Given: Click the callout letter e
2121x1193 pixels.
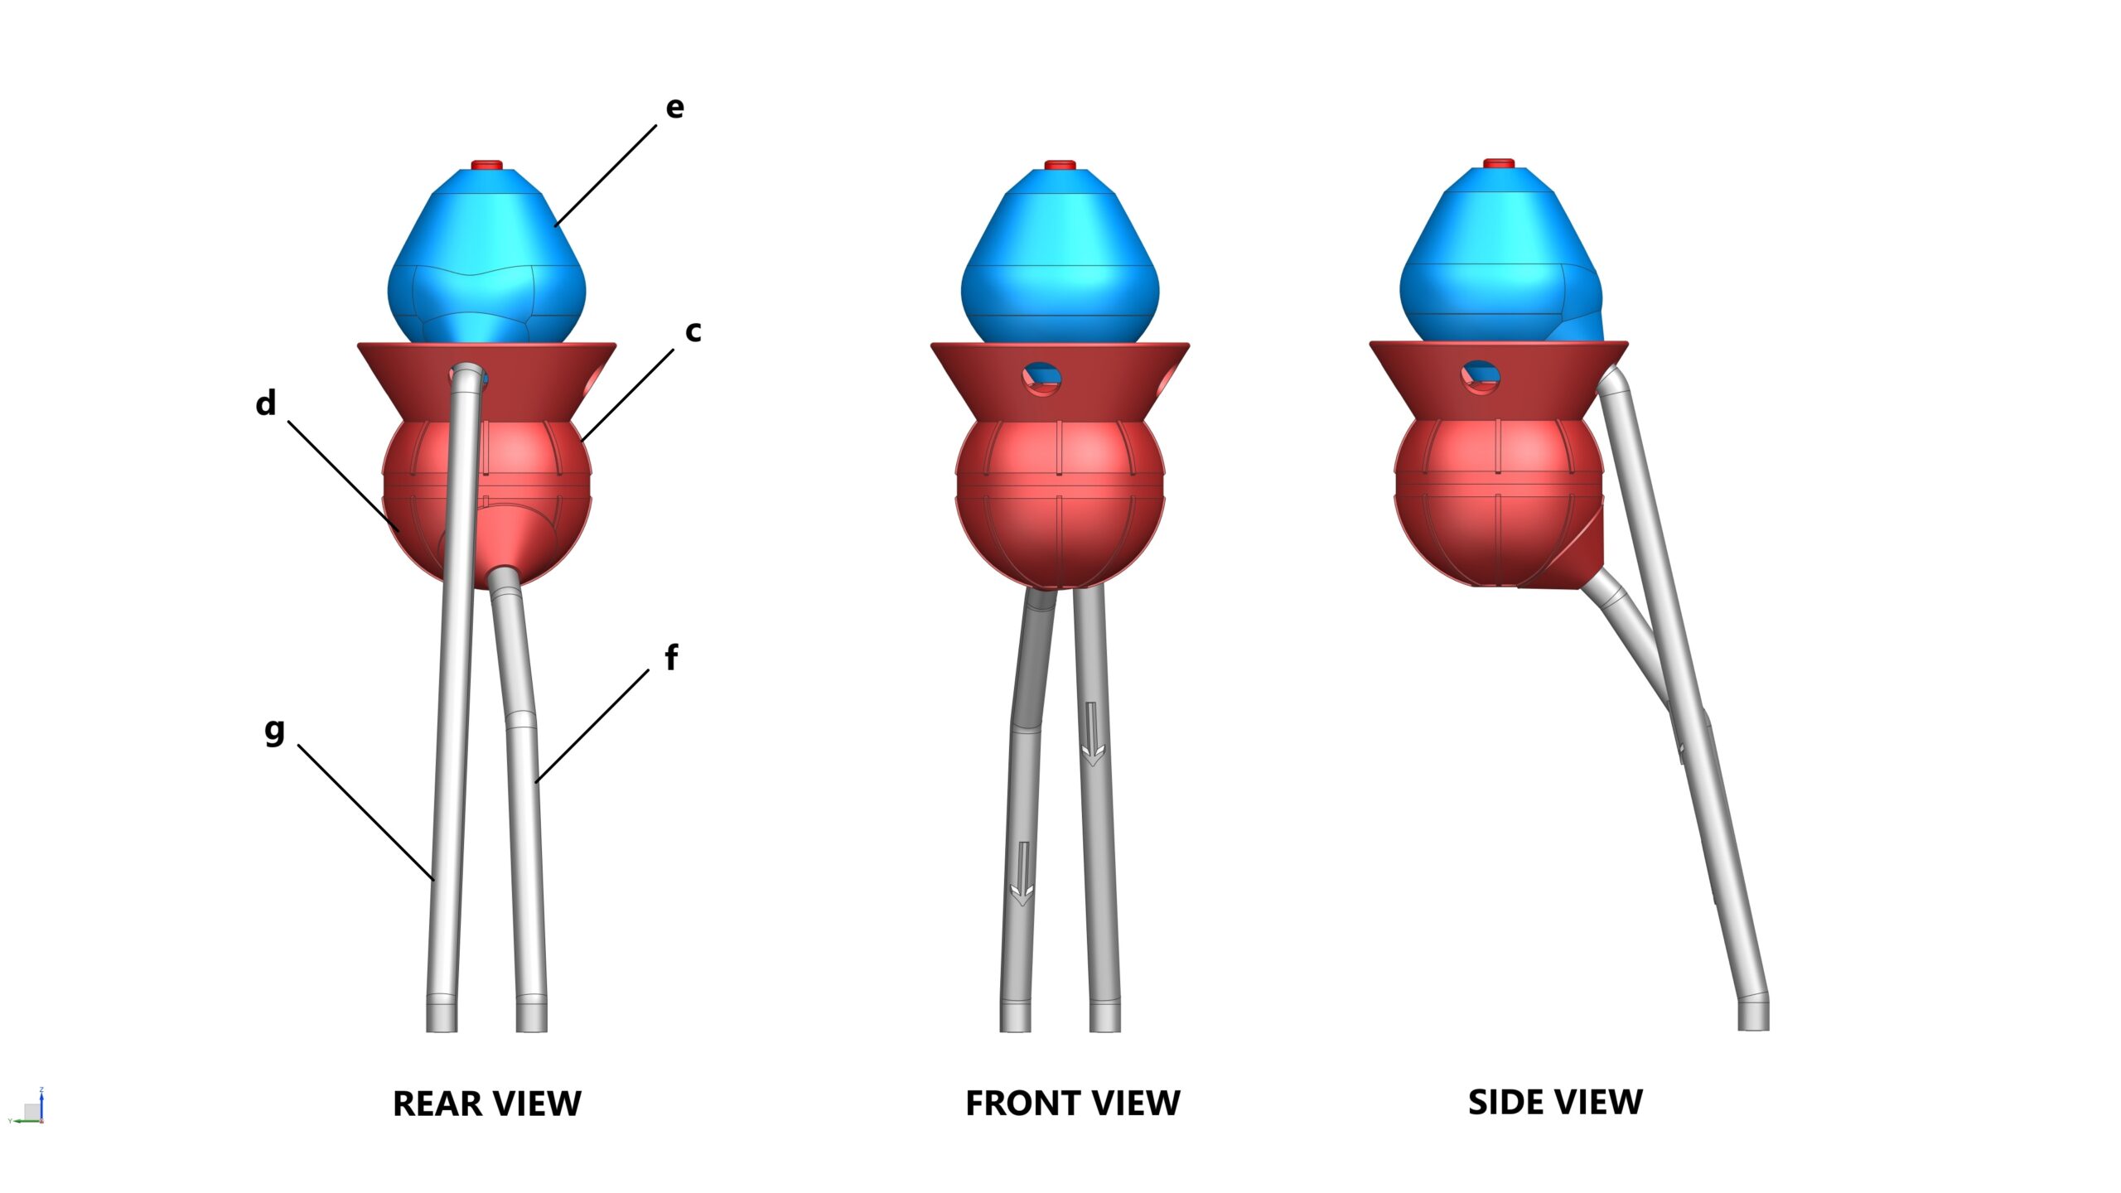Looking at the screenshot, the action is coord(675,108).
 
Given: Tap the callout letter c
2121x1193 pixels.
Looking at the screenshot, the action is coord(693,331).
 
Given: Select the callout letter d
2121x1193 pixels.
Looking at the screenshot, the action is coord(266,403).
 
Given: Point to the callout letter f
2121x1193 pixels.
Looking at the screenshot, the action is coord(672,657).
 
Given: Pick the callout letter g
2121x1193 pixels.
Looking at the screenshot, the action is coord(274,732).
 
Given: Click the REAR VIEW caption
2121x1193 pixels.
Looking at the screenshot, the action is coord(487,1104).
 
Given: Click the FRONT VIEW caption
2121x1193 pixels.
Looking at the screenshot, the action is coord(1073,1104).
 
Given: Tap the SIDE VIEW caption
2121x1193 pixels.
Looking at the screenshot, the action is coord(1555,1103).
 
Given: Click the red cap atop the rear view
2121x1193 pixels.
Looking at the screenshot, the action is coord(487,165).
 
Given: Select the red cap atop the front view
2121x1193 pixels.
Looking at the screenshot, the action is coord(1060,165).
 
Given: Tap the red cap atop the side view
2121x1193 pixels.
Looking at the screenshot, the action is coord(1499,163).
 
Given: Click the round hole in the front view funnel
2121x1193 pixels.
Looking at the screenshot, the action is coord(1041,378).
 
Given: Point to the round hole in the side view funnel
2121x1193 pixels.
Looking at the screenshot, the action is coord(1480,377).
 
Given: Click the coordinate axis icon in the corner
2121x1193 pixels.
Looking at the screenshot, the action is coord(27,1107).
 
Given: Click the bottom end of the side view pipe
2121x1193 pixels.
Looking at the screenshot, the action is coord(1753,1027).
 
